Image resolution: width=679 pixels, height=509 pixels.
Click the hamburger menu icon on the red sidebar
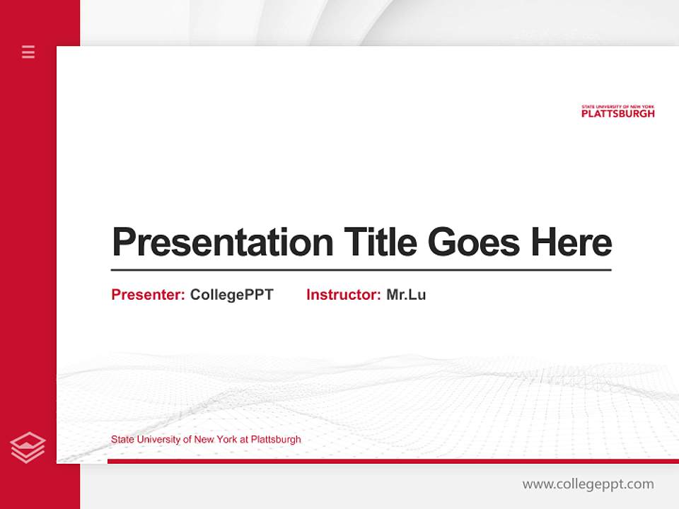[x=28, y=52]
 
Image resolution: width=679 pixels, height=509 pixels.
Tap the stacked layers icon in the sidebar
[x=28, y=447]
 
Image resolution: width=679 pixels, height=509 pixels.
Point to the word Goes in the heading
[x=475, y=242]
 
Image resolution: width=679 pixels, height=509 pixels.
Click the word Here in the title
[x=571, y=242]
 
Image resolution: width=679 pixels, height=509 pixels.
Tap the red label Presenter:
[x=149, y=295]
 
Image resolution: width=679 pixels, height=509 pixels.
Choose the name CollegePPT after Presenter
[x=231, y=295]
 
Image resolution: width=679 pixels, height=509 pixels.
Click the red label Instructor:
[x=344, y=295]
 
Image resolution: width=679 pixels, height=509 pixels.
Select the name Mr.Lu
[x=406, y=295]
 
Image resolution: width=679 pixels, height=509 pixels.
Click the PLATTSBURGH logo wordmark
[x=617, y=113]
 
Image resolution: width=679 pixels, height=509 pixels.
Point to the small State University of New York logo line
[x=617, y=107]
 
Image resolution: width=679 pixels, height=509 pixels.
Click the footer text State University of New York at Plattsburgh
[x=206, y=439]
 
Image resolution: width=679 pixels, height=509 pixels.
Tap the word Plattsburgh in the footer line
[x=276, y=439]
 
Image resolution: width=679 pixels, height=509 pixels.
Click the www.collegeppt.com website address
[x=588, y=484]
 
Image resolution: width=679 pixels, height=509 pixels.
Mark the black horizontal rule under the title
[x=361, y=270]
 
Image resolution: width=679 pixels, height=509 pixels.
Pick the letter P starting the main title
[x=122, y=242]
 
